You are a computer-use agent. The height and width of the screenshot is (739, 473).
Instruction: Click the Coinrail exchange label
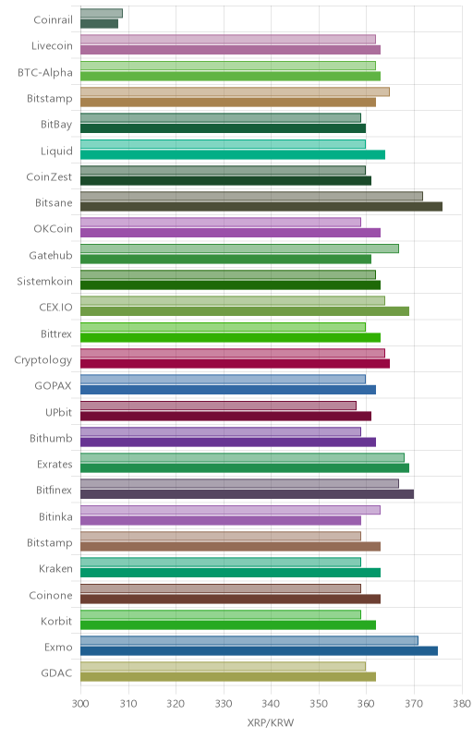click(53, 19)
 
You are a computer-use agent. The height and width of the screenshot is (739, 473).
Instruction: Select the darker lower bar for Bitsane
click(261, 206)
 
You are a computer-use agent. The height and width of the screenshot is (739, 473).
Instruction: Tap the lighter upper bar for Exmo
click(249, 640)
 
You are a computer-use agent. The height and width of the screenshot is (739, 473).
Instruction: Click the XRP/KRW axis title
click(271, 722)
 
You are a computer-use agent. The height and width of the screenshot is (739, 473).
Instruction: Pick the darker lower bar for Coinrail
click(100, 24)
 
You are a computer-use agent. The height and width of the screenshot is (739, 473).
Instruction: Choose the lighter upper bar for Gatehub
click(240, 248)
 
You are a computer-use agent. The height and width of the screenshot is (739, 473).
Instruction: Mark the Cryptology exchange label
click(43, 360)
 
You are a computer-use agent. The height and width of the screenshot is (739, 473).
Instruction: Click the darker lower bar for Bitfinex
click(248, 494)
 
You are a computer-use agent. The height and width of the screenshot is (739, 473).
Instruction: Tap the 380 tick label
click(462, 704)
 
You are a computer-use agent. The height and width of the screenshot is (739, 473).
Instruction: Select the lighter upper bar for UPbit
click(219, 406)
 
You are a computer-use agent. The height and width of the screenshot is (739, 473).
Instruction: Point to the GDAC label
click(56, 673)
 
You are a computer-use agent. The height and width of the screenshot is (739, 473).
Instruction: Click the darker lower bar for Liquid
click(233, 154)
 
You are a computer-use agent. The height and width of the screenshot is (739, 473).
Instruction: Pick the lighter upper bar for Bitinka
click(230, 510)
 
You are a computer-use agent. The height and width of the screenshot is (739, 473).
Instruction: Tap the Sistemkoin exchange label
click(44, 282)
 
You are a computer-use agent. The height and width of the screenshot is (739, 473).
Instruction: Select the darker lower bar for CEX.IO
click(245, 311)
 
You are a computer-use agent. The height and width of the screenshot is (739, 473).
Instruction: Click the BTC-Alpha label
click(45, 73)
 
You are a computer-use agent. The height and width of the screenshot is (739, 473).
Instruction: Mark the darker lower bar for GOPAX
click(228, 389)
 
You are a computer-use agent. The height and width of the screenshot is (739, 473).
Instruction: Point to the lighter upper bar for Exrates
click(242, 457)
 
